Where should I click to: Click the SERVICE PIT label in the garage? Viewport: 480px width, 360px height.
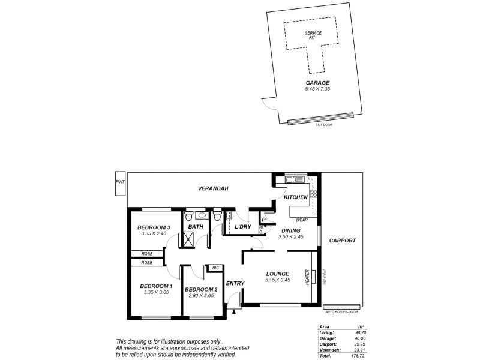coord(313,35)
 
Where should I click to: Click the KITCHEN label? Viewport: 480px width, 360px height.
coord(295,197)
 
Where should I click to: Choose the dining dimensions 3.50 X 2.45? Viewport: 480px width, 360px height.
coord(292,237)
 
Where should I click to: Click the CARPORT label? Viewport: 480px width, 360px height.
coord(343,241)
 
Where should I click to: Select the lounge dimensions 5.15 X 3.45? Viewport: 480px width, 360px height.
coord(278,280)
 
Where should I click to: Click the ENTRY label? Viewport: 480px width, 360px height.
coord(233,283)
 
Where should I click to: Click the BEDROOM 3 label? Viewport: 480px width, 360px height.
coord(154,227)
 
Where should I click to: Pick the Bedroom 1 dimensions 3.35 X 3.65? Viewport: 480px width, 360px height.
coord(154,292)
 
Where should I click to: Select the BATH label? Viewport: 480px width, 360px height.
coord(196,227)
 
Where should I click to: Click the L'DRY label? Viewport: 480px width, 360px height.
coord(242,227)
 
